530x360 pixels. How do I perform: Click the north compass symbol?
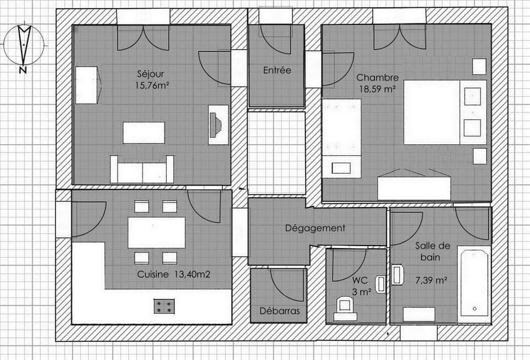24,45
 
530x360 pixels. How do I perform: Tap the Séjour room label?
150,73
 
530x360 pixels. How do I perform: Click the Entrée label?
277,70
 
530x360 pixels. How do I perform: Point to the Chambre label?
377,77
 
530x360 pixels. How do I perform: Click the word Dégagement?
315,227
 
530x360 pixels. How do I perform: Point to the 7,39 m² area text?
431,280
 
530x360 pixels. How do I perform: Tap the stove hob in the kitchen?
164,306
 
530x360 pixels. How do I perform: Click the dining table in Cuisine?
156,232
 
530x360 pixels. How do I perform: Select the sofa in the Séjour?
142,170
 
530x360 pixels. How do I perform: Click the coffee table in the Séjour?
144,133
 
